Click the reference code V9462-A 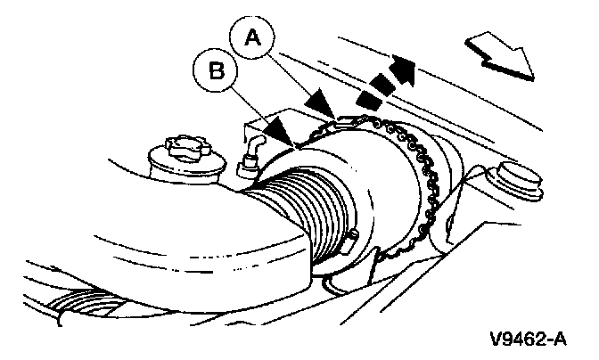527,339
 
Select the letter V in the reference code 496,339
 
